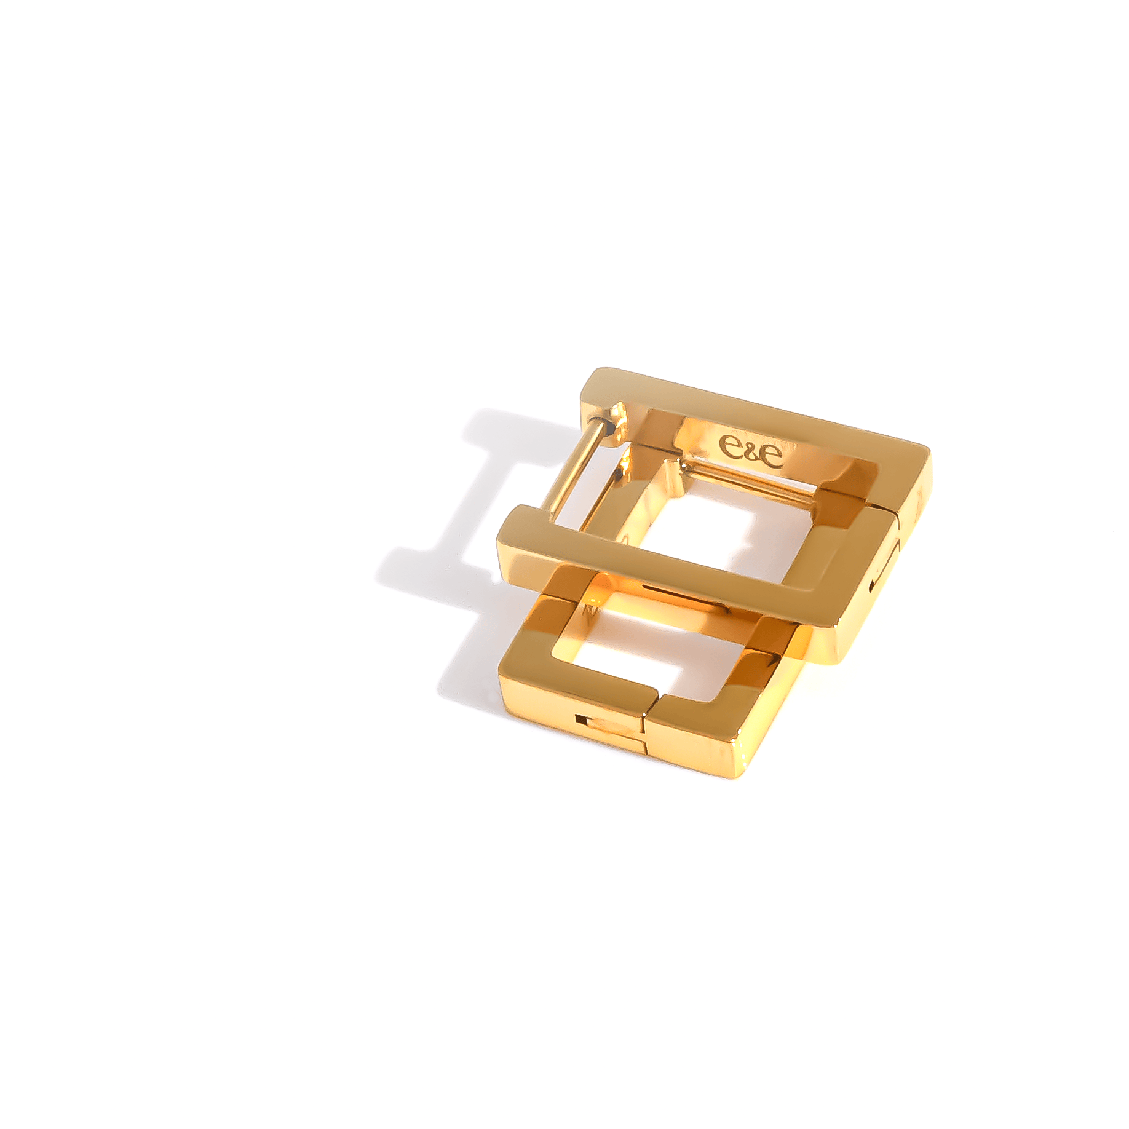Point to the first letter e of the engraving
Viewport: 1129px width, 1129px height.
pyautogui.click(x=730, y=445)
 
